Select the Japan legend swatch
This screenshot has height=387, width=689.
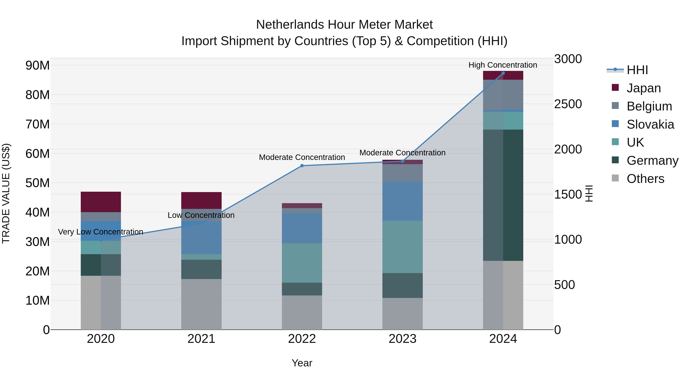[x=615, y=88]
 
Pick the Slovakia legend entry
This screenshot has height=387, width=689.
[x=650, y=124]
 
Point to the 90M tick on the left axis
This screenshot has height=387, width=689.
[x=38, y=65]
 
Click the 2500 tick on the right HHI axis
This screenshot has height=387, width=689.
[x=568, y=104]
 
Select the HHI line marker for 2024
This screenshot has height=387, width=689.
[x=503, y=73]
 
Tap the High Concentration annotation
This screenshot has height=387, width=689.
[x=503, y=65]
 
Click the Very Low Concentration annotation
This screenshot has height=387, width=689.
[x=100, y=232]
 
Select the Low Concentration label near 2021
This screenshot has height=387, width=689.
[x=201, y=215]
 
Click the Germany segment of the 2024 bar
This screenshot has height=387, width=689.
[x=503, y=195]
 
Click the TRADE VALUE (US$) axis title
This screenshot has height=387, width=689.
[x=6, y=193]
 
